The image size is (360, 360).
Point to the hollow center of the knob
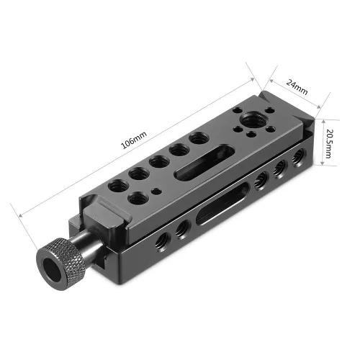coord(52,267)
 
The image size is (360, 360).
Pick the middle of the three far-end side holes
coord(277,170)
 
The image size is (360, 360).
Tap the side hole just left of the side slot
coord(182,227)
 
